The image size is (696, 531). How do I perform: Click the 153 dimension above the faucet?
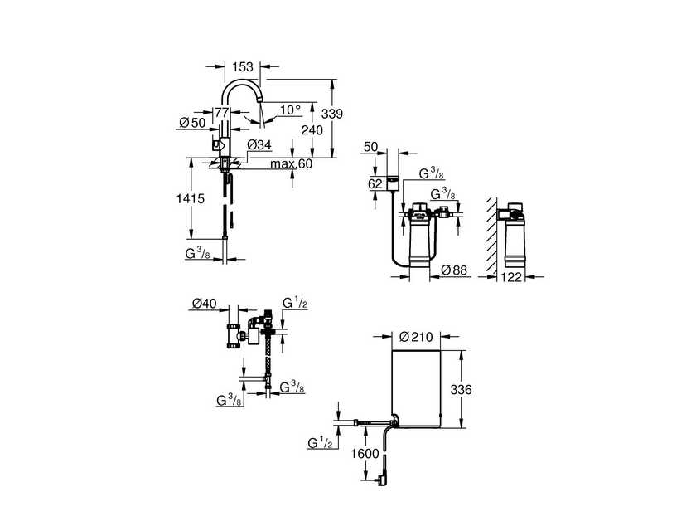pos(242,66)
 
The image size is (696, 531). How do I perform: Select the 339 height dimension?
pos(332,114)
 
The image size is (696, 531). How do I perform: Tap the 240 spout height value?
pos(312,130)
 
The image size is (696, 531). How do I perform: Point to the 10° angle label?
pos(290,110)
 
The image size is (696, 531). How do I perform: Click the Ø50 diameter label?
pos(192,123)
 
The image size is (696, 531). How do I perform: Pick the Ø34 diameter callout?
pos(259,145)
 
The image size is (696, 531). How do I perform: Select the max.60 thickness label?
pos(291,164)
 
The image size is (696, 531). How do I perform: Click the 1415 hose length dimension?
pos(191,198)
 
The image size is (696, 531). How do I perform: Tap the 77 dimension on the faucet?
pos(222,113)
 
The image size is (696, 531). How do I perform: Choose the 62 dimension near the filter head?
pos(375,183)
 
